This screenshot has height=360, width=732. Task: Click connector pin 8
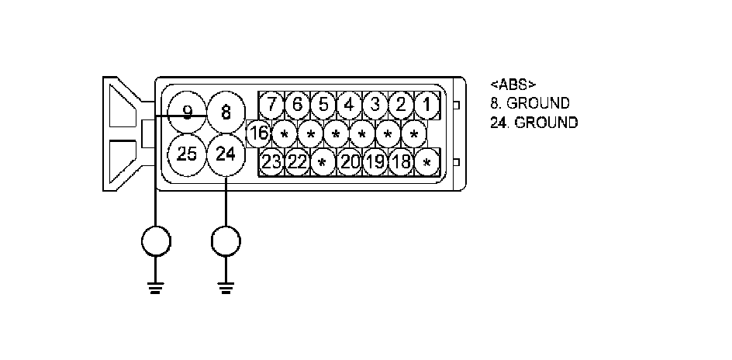point(226,112)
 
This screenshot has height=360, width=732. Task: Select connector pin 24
point(226,153)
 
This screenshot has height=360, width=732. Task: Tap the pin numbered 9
point(187,112)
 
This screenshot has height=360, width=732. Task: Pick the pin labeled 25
point(187,153)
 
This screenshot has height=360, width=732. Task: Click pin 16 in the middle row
point(258,133)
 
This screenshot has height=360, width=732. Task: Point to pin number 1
point(426,104)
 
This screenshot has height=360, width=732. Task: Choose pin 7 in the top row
point(271,104)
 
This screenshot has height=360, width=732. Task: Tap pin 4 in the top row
point(349,104)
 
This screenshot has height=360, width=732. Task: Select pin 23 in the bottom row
point(271,162)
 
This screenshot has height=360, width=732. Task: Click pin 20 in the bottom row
point(350,162)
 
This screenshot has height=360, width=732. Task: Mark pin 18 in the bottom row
point(401,162)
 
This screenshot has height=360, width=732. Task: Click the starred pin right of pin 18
point(426,163)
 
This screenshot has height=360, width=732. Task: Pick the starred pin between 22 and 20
point(323,163)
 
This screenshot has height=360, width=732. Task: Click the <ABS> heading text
point(513,84)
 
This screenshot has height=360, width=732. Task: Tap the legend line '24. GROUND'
point(534,123)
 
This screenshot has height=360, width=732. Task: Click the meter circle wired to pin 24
point(226,242)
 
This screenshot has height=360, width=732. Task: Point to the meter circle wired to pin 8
point(156,242)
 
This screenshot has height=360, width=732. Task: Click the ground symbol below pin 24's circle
point(226,290)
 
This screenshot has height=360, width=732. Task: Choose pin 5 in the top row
point(323,104)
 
